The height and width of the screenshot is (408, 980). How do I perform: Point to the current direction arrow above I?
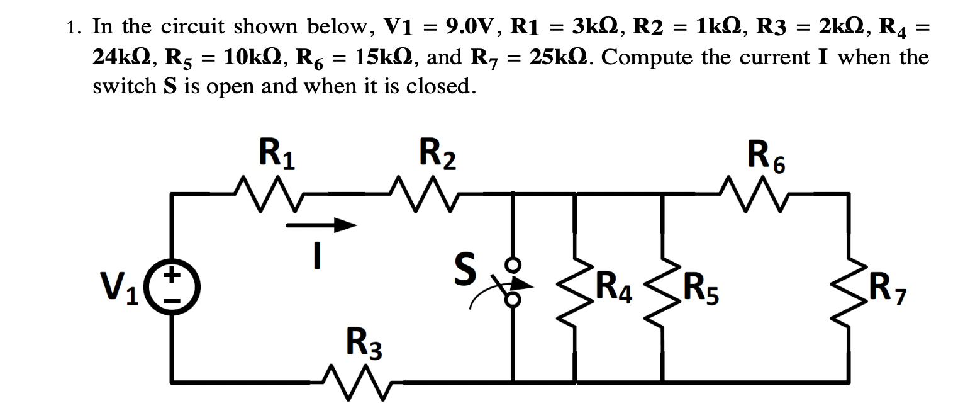click(x=322, y=225)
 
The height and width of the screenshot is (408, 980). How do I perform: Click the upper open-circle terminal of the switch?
click(x=514, y=264)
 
